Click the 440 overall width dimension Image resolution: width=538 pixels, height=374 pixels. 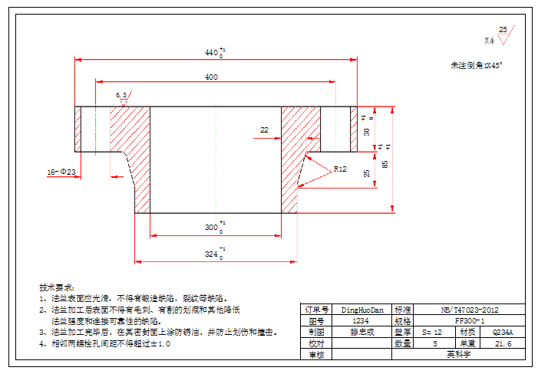tap(213, 53)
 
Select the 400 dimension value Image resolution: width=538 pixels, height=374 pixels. tap(211, 77)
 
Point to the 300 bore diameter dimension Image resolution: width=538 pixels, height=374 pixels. tap(212, 228)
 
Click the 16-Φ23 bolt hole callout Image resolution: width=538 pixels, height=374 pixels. tap(62, 172)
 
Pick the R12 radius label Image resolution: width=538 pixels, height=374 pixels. tap(341, 168)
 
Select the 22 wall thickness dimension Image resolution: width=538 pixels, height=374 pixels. tap(264, 130)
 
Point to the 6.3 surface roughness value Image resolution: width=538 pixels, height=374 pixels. tap(121, 94)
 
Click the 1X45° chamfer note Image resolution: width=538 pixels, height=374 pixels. tap(476, 66)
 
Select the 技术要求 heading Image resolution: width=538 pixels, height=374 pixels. tap(57, 286)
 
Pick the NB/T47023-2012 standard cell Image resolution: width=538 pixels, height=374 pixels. tap(470, 310)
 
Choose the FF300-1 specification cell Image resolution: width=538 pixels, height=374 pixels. tap(470, 321)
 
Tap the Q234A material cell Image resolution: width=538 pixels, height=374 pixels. tap(503, 333)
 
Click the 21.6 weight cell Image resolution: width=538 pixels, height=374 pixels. tap(503, 343)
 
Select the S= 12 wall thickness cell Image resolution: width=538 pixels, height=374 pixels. tap(432, 333)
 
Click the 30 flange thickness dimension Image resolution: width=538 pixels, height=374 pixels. tap(367, 132)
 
